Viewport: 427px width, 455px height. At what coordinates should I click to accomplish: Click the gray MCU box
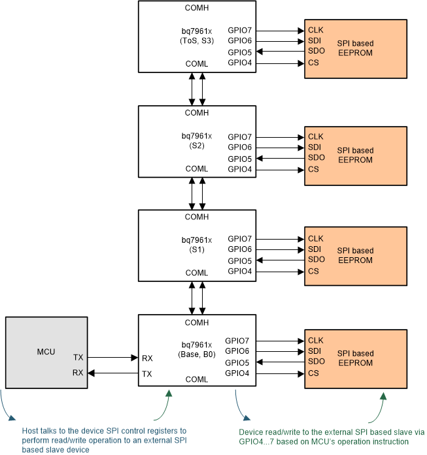pos(46,353)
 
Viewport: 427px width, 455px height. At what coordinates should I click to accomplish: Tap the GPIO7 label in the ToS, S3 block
pos(239,31)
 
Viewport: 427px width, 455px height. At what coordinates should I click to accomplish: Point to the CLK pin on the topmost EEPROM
pos(316,31)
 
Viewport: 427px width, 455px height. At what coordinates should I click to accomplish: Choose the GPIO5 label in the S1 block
pos(239,260)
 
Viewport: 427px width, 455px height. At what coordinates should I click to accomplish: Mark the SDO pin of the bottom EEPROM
pos(316,362)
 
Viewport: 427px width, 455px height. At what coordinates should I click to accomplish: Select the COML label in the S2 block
pos(197,169)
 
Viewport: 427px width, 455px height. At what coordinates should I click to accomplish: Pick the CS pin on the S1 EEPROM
pos(313,272)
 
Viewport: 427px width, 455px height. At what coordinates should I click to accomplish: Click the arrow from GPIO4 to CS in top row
pos(281,63)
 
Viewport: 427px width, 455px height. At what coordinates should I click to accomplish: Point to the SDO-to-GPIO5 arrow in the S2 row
pos(281,159)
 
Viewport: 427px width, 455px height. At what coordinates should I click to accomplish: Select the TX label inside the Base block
pos(147,374)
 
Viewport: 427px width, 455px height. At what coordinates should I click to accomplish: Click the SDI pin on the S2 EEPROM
pos(315,148)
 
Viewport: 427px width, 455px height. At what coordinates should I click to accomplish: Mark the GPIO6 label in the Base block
pos(237,352)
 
